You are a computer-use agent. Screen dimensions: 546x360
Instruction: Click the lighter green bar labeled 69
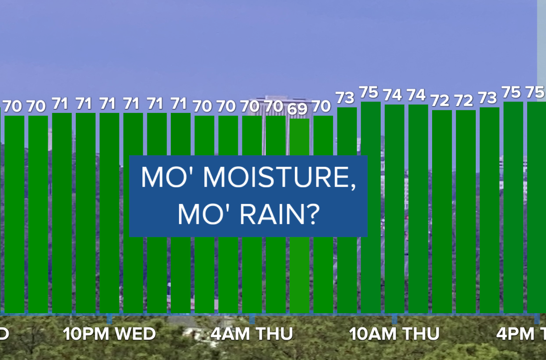click(299, 216)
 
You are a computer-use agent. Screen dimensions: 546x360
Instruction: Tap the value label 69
click(298, 109)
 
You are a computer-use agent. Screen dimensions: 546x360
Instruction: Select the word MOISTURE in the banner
click(280, 178)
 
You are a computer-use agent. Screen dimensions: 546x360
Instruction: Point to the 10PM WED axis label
click(109, 334)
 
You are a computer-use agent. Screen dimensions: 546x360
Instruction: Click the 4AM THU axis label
click(252, 334)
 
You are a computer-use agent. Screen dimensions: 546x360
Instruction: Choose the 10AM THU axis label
click(394, 334)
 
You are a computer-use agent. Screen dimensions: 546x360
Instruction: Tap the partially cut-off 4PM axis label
click(521, 334)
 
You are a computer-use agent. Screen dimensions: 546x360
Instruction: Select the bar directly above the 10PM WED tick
click(109, 213)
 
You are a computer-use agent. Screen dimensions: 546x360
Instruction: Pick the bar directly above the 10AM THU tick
click(394, 209)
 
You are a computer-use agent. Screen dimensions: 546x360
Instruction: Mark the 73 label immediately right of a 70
click(345, 98)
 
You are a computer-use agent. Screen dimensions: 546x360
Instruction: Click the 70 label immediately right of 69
click(321, 106)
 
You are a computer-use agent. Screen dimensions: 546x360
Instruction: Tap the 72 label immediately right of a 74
click(440, 101)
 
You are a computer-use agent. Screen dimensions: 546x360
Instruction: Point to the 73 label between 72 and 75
click(487, 98)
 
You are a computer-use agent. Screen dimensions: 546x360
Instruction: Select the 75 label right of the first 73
click(368, 93)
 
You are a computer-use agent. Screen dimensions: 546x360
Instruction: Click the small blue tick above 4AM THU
click(252, 319)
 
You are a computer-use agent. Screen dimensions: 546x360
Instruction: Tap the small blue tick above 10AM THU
click(394, 319)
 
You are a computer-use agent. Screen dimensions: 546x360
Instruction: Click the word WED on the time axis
click(135, 334)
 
